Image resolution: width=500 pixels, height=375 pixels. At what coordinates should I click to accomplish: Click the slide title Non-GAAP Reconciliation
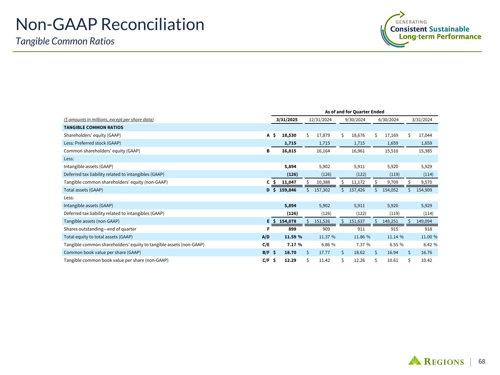pyautogui.click(x=110, y=25)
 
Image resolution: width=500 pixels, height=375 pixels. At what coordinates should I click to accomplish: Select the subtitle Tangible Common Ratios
pyautogui.click(x=65, y=41)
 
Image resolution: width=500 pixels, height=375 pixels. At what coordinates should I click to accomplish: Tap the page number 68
pyautogui.click(x=482, y=361)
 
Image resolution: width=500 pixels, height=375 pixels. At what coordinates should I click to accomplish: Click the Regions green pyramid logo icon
pyautogui.click(x=415, y=360)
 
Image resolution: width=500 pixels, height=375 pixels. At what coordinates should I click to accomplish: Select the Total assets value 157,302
pyautogui.click(x=322, y=190)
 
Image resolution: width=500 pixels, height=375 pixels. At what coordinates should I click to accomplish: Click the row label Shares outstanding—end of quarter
pyautogui.click(x=95, y=229)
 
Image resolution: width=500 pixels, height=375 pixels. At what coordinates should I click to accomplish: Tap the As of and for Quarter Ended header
pyautogui.click(x=355, y=112)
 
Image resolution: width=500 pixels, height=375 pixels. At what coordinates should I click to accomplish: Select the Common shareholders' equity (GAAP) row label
pyautogui.click(x=102, y=151)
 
